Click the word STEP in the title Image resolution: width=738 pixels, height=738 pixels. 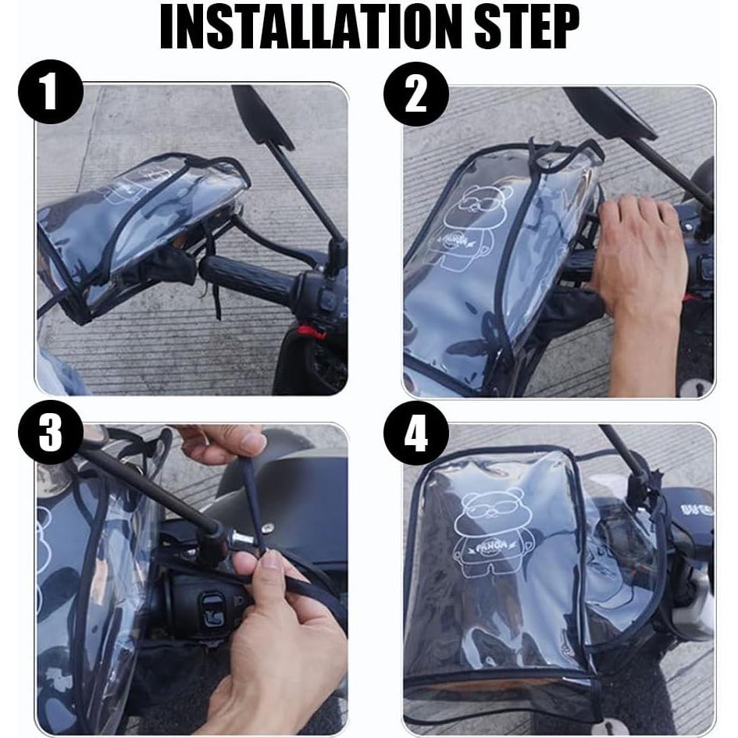click(524, 29)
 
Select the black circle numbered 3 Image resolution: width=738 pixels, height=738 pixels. click(50, 432)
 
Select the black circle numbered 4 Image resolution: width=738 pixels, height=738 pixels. click(415, 432)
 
